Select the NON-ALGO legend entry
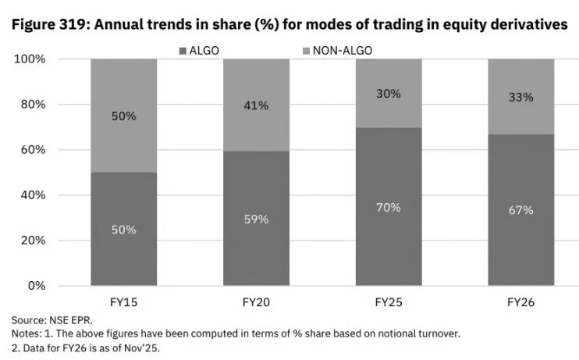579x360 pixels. pyautogui.click(x=343, y=50)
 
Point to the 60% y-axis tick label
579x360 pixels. pyautogui.click(x=32, y=150)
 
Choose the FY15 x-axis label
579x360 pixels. pyautogui.click(x=124, y=301)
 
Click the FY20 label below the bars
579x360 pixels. pyautogui.click(x=256, y=301)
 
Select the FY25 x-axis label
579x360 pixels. pyautogui.click(x=389, y=301)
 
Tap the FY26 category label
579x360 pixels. pyautogui.click(x=520, y=301)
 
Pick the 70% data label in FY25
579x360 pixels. pyautogui.click(x=389, y=207)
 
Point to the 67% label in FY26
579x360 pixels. pyautogui.click(x=520, y=210)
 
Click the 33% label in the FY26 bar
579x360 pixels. pyautogui.click(x=520, y=98)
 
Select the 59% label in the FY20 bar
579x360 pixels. pyautogui.click(x=256, y=219)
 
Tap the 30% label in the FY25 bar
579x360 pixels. pyautogui.click(x=389, y=94)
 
